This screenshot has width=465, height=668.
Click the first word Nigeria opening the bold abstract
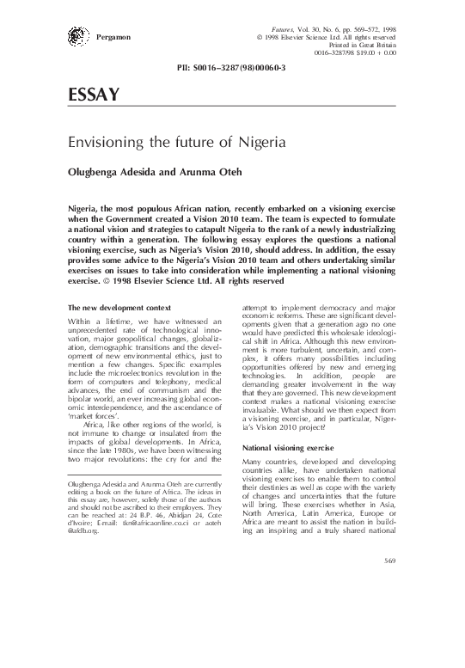(x=85, y=209)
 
